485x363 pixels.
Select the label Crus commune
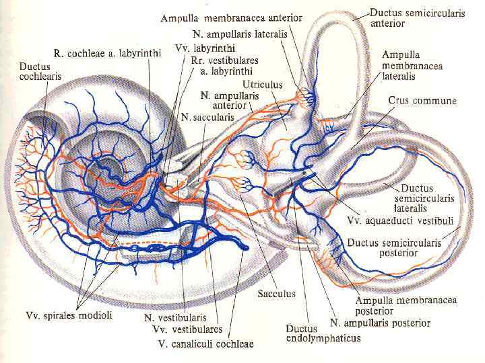(422, 101)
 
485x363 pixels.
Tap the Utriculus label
(263, 85)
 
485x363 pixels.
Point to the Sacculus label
(276, 293)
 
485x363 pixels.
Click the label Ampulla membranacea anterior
(231, 18)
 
